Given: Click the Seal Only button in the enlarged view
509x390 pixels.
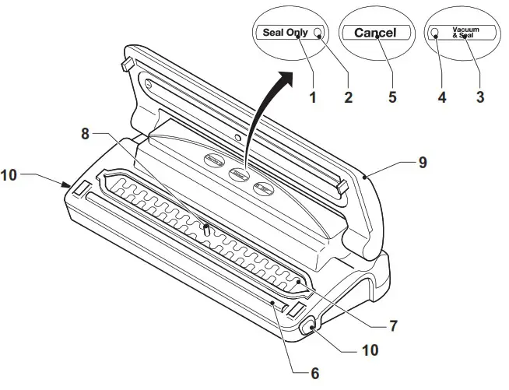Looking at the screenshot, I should [x=284, y=32].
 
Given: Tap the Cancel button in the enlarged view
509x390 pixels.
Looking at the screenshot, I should [x=375, y=33].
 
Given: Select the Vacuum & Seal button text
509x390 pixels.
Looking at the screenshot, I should [x=465, y=33].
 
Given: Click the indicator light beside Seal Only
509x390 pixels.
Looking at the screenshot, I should [x=319, y=32].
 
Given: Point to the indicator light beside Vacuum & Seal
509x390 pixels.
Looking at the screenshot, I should [x=437, y=32].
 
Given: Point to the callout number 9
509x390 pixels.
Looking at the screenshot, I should [x=423, y=163].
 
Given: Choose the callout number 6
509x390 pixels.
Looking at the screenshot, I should [x=314, y=373].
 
